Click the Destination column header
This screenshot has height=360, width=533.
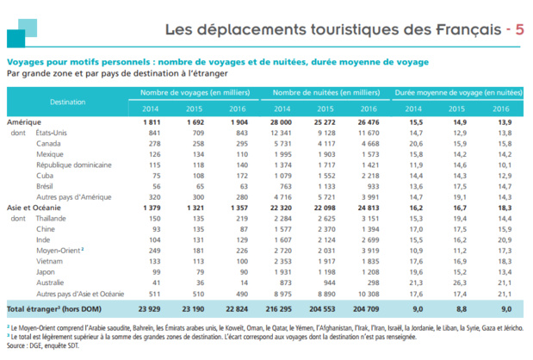pos(67,102)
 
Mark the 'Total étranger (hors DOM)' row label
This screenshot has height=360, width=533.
pos(52,307)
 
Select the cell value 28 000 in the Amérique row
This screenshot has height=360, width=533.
pos(282,121)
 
